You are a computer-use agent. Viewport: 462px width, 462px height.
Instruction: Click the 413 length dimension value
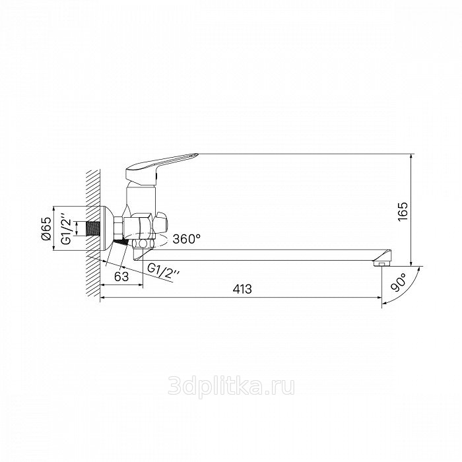(x=242, y=289)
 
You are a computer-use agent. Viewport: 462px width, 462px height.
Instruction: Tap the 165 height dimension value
(x=403, y=211)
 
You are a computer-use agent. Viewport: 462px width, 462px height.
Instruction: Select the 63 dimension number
(x=121, y=277)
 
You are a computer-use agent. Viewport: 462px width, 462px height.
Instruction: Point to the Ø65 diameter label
(x=47, y=228)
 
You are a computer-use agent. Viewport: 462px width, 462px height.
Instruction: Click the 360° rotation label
(x=187, y=239)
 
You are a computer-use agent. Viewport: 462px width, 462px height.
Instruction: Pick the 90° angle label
(x=398, y=282)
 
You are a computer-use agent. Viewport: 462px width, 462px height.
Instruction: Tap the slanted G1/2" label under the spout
(x=163, y=271)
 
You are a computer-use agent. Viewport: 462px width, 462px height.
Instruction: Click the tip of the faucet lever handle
(x=197, y=154)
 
